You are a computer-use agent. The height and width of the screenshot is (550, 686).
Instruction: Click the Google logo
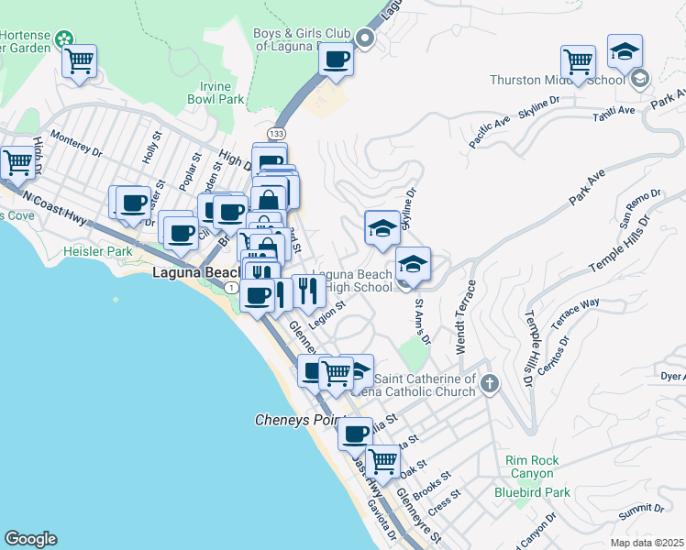point(30,539)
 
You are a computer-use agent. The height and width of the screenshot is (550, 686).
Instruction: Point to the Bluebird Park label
point(532,492)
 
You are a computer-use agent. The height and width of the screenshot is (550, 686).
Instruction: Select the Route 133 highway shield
point(276,135)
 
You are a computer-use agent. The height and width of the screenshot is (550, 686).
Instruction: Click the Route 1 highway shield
point(232,288)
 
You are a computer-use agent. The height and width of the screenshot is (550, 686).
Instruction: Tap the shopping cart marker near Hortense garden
point(80,61)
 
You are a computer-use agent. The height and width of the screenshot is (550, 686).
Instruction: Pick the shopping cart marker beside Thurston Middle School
point(579,62)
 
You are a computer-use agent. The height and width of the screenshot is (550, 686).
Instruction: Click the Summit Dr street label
point(641,514)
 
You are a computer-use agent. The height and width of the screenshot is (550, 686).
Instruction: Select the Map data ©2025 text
point(647,543)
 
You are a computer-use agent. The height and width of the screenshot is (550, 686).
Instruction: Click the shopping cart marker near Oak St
point(382,461)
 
